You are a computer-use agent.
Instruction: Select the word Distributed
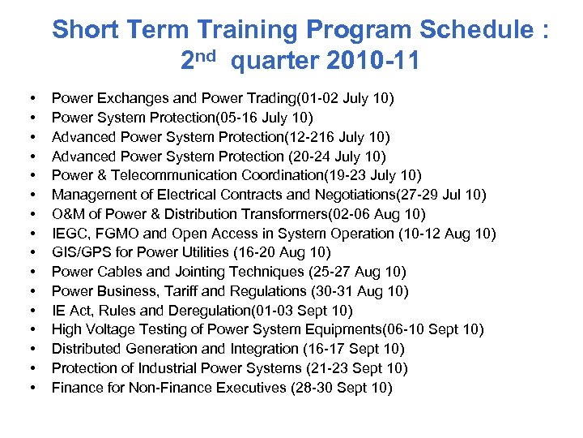click(x=89, y=349)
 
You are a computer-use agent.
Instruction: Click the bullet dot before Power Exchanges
click(x=30, y=99)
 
